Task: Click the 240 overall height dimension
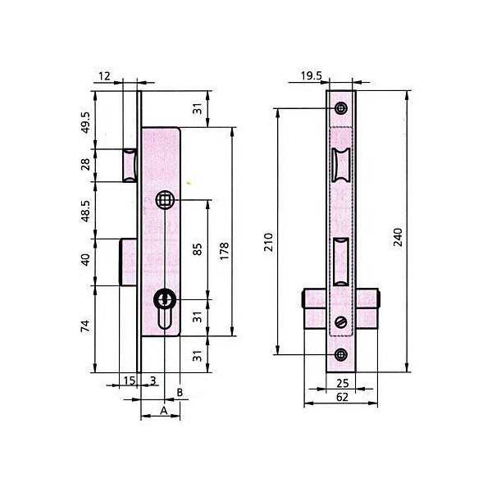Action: (x=398, y=237)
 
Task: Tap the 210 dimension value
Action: (x=269, y=242)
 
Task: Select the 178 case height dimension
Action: (x=225, y=251)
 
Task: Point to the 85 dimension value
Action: (x=198, y=249)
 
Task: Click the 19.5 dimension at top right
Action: (x=312, y=76)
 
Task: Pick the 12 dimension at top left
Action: (x=104, y=76)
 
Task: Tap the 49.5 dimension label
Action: (x=85, y=122)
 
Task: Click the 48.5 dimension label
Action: (x=85, y=211)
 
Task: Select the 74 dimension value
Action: (x=85, y=326)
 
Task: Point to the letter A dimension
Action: (x=164, y=411)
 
